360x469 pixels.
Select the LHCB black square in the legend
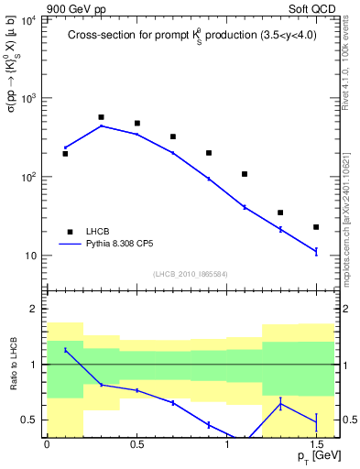[68, 232]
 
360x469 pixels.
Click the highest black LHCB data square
[101, 117]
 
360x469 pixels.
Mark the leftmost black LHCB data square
[65, 154]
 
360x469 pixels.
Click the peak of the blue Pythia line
[101, 125]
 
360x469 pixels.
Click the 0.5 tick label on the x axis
[136, 445]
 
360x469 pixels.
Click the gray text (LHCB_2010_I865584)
[190, 273]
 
